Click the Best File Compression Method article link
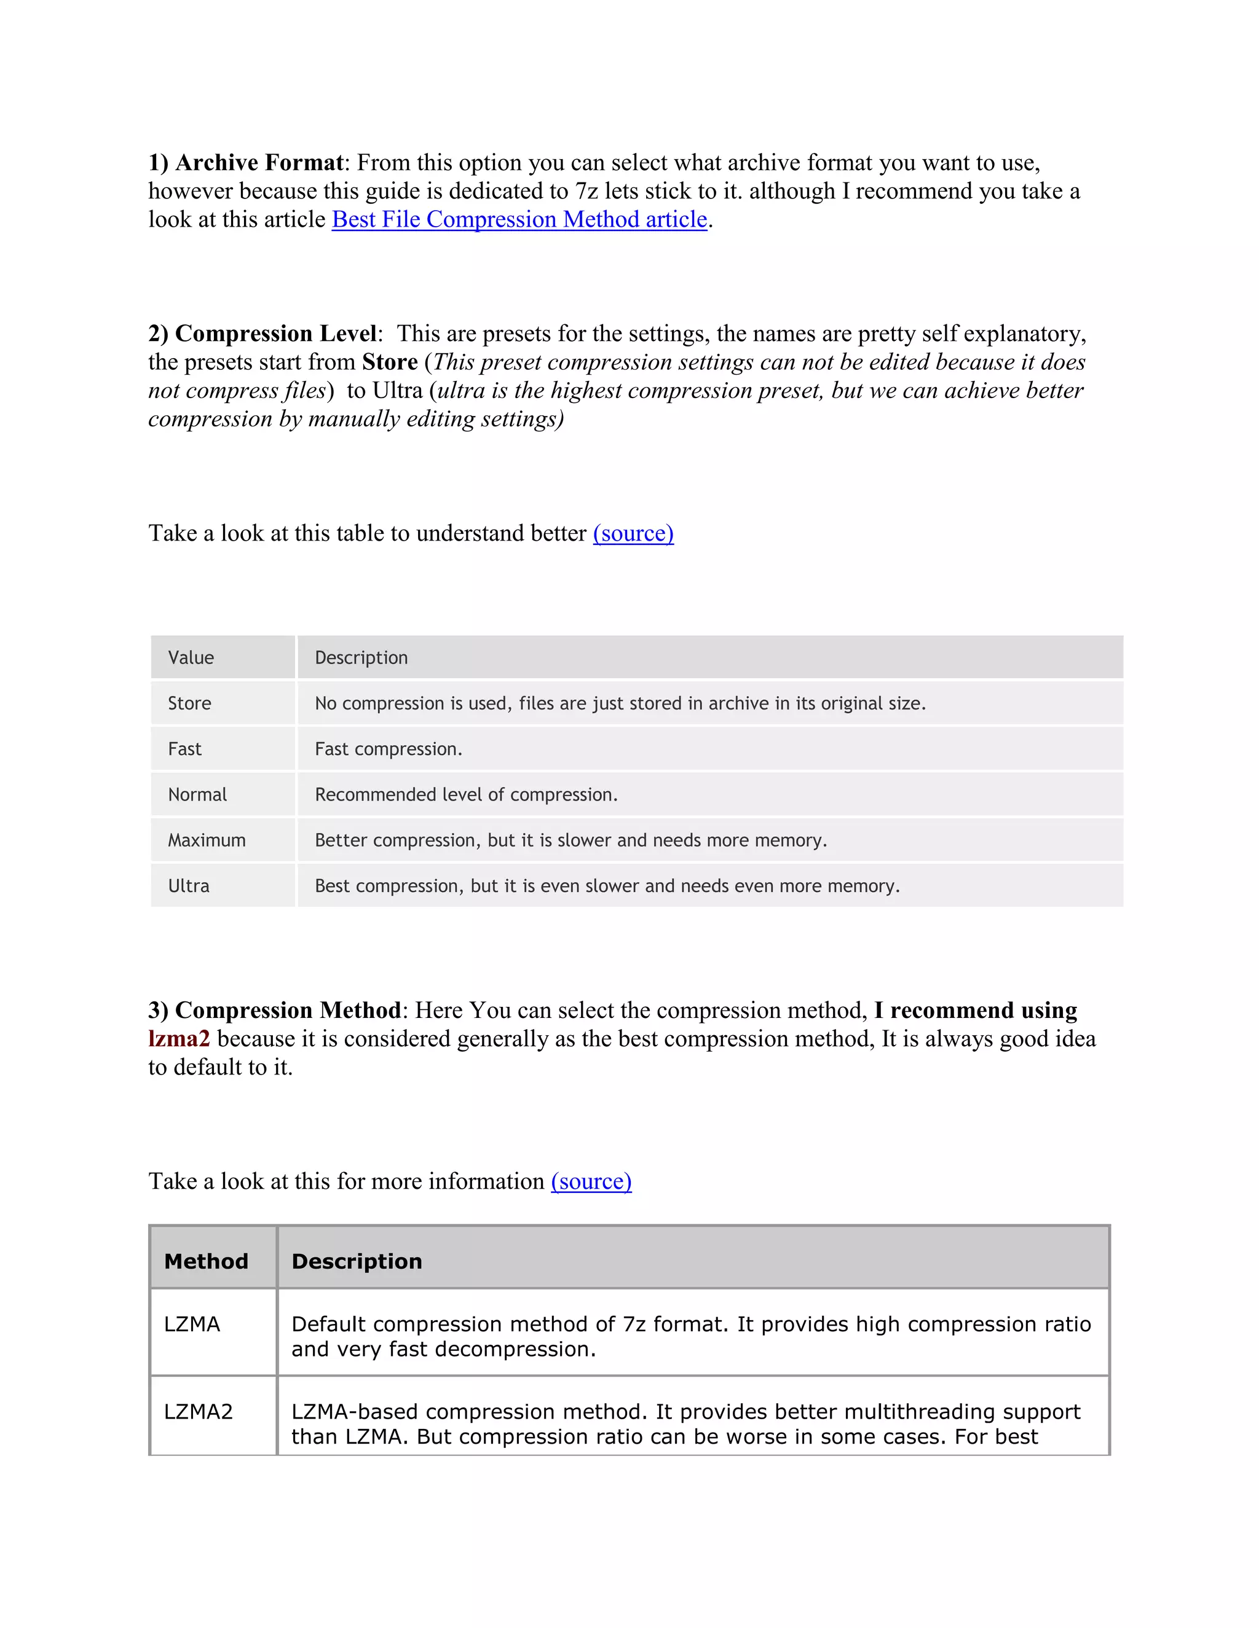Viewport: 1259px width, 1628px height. click(519, 219)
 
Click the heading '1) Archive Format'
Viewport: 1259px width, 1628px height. click(245, 163)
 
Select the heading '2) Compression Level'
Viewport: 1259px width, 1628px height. click(262, 333)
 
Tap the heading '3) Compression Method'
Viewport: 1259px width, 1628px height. click(274, 1010)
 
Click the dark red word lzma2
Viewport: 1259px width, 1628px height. click(179, 1038)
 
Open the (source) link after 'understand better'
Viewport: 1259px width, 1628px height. click(633, 533)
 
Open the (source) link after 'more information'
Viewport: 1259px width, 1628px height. click(591, 1181)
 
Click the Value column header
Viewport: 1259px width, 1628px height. click(191, 657)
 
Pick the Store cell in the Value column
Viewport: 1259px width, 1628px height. click(189, 703)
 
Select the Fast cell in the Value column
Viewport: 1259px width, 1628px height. click(184, 748)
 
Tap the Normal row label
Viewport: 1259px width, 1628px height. click(197, 794)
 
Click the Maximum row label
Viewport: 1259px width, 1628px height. click(207, 840)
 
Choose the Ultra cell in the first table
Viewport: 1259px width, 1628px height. click(189, 885)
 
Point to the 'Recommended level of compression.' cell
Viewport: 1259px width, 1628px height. click(466, 794)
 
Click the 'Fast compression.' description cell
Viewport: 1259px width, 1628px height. click(389, 748)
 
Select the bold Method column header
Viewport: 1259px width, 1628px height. click(206, 1261)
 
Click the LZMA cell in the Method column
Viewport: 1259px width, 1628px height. click(192, 1325)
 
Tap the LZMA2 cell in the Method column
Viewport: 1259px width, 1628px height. click(199, 1412)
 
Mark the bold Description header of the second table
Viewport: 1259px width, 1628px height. click(357, 1261)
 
